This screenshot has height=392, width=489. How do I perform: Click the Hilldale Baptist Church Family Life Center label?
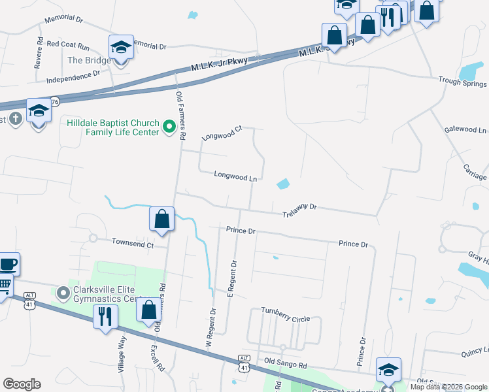coord(112,127)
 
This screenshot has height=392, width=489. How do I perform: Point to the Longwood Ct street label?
coord(222,133)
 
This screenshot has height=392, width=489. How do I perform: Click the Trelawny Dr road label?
coord(299,210)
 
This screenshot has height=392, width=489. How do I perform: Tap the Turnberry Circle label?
coord(285,314)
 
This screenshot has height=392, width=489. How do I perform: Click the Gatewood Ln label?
coord(465,129)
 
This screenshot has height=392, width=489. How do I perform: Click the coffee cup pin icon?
coord(8,265)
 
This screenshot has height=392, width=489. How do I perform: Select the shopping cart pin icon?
coord(4,284)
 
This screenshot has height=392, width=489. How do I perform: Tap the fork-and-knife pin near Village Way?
coord(105,317)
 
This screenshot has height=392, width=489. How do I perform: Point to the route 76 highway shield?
coord(55,101)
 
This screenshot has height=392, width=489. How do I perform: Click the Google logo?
coord(22,384)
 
